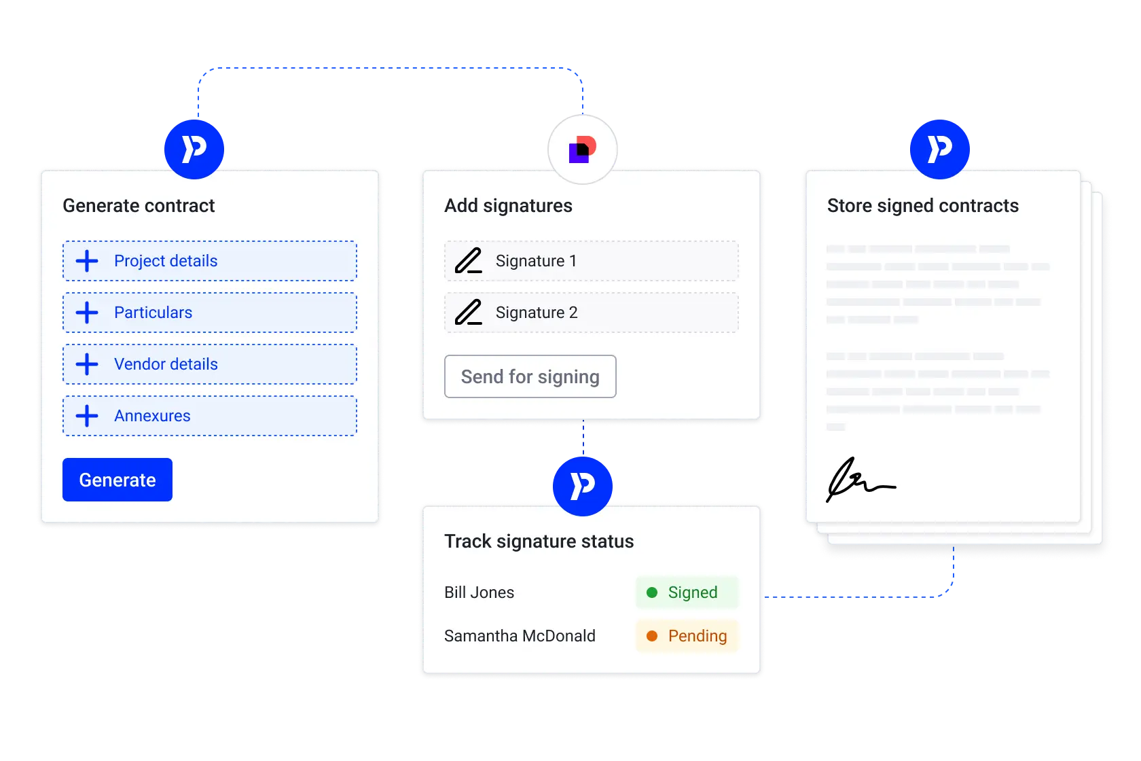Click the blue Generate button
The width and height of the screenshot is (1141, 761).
pyautogui.click(x=117, y=480)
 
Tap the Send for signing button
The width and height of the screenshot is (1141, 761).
pyautogui.click(x=530, y=376)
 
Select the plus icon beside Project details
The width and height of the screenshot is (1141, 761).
pyautogui.click(x=87, y=261)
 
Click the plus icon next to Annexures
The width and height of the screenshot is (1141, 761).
pyautogui.click(x=87, y=416)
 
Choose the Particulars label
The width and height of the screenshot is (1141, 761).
pyautogui.click(x=153, y=313)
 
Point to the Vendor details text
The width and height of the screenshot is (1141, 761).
pyautogui.click(x=166, y=364)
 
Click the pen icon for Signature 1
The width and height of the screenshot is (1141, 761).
pyautogui.click(x=469, y=261)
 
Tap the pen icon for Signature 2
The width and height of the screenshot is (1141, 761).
pyautogui.click(x=469, y=313)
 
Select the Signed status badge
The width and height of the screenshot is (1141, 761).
pyautogui.click(x=687, y=592)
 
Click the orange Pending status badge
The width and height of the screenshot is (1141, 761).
pyautogui.click(x=687, y=636)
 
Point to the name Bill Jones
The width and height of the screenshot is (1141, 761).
pyautogui.click(x=479, y=592)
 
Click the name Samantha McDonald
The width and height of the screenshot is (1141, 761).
pyautogui.click(x=520, y=636)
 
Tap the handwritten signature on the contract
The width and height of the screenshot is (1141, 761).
pyautogui.click(x=860, y=480)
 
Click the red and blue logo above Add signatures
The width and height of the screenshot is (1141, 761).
pyautogui.click(x=582, y=149)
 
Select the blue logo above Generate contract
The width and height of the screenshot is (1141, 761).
pyautogui.click(x=194, y=149)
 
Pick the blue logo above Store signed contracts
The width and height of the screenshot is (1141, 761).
pyautogui.click(x=939, y=149)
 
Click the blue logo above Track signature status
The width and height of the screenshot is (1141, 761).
pyautogui.click(x=582, y=486)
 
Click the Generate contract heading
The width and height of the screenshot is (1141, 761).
pyautogui.click(x=139, y=206)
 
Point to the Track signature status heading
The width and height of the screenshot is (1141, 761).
pyautogui.click(x=539, y=542)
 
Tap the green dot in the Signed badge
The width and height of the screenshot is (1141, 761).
pyautogui.click(x=652, y=592)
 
